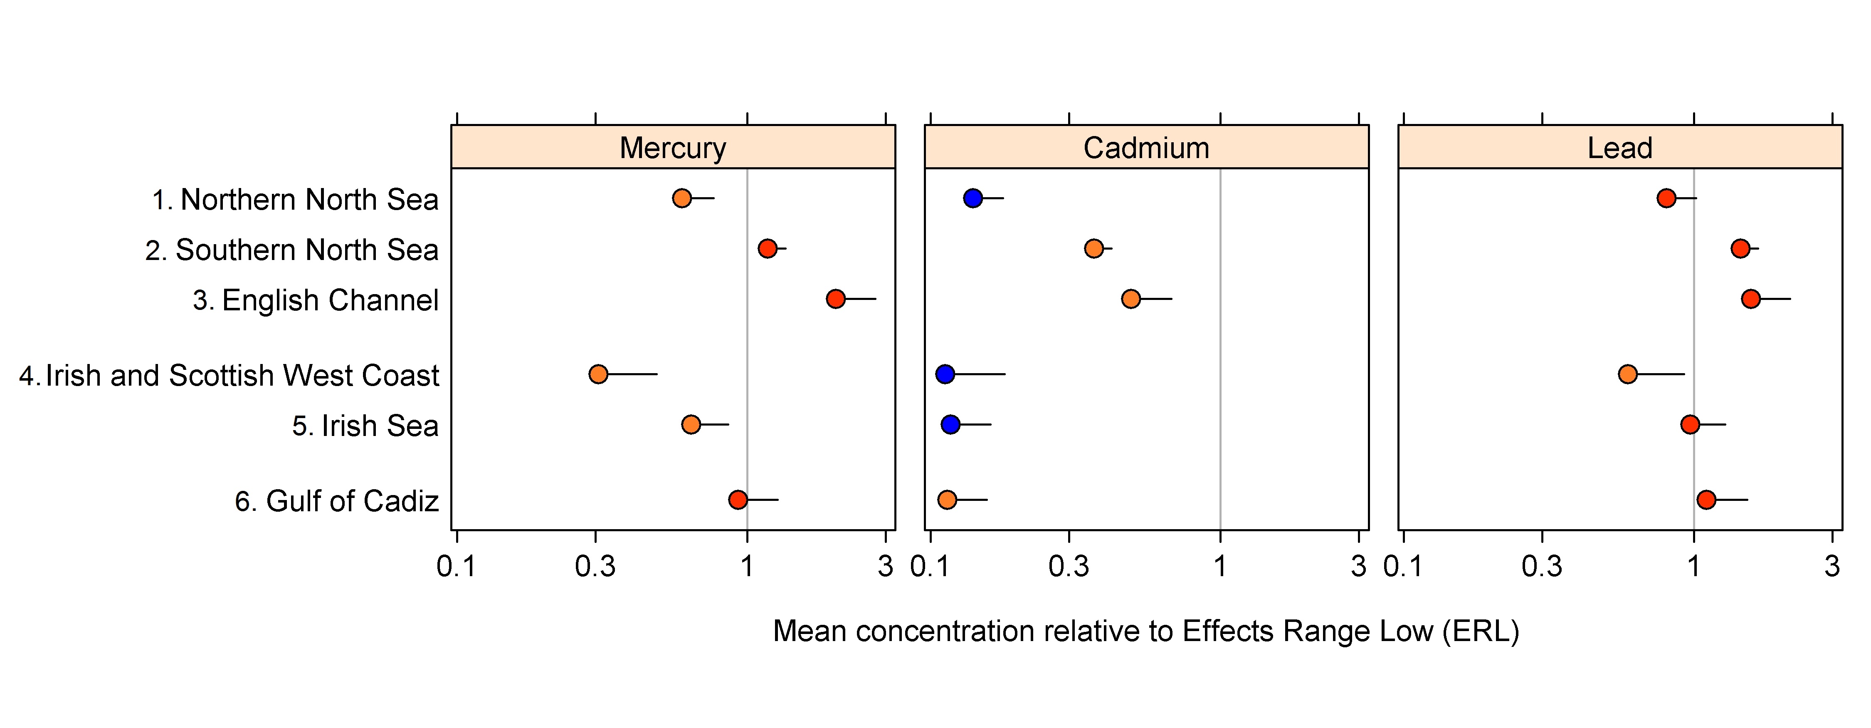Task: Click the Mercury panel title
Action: pyautogui.click(x=673, y=148)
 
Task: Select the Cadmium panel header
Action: pyautogui.click(x=1146, y=148)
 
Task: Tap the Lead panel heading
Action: pyautogui.click(x=1620, y=148)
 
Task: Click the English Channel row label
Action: pyautogui.click(x=315, y=300)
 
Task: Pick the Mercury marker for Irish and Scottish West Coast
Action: pyautogui.click(x=598, y=374)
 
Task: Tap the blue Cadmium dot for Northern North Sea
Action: pyautogui.click(x=973, y=198)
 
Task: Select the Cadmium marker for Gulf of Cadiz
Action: pyautogui.click(x=946, y=500)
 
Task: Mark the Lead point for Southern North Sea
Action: pyautogui.click(x=1740, y=248)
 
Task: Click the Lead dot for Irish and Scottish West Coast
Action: pyautogui.click(x=1628, y=374)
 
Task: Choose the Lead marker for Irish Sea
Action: pyautogui.click(x=1690, y=424)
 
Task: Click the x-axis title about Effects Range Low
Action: pyautogui.click(x=1146, y=631)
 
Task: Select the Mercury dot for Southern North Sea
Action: pyautogui.click(x=767, y=248)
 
